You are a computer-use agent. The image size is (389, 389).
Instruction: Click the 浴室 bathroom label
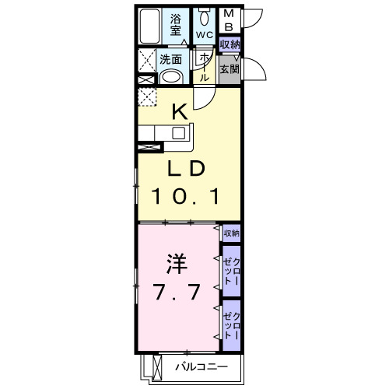tap(176, 24)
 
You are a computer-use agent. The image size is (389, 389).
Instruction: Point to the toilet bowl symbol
tap(204, 17)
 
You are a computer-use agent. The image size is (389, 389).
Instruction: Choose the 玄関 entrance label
tap(229, 68)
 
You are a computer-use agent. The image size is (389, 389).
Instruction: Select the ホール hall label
tap(204, 67)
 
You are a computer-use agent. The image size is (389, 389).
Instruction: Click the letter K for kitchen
tap(179, 112)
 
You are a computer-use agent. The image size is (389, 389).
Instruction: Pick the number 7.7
tap(177, 292)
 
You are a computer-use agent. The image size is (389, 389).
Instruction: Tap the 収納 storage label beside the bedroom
tap(231, 233)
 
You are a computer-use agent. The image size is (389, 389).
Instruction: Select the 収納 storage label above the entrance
tap(229, 44)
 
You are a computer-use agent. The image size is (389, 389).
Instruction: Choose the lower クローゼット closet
tap(231, 321)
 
